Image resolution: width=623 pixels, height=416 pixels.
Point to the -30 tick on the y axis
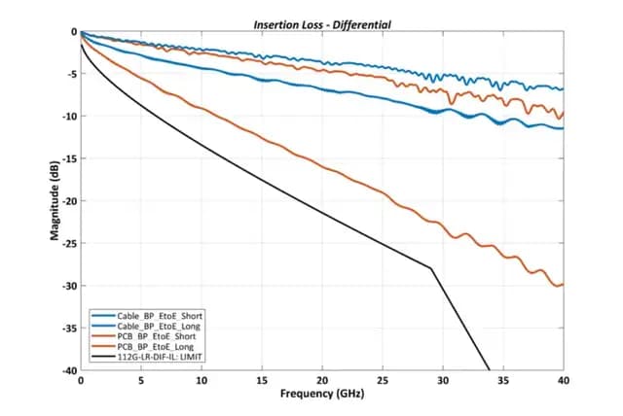coord(70,286)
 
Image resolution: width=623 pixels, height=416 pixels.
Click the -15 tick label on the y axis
coord(70,158)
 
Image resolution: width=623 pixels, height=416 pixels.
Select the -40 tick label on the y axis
coord(70,370)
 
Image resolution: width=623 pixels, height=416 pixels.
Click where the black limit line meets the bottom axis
coord(489,370)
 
